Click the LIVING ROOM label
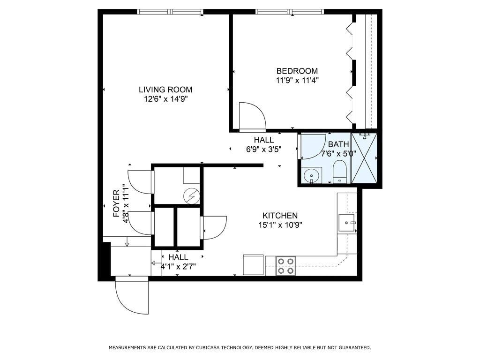pyautogui.click(x=165, y=90)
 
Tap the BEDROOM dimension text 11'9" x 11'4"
pyautogui.click(x=297, y=81)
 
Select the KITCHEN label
pyautogui.click(x=280, y=216)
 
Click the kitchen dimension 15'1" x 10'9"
pyautogui.click(x=280, y=225)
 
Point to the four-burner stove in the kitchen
pyautogui.click(x=285, y=266)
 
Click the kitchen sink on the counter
pyautogui.click(x=347, y=223)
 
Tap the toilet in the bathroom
pyautogui.click(x=339, y=172)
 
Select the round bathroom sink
pyautogui.click(x=312, y=176)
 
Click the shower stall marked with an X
pyautogui.click(x=364, y=158)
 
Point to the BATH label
pyautogui.click(x=338, y=144)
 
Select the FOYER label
pyautogui.click(x=116, y=203)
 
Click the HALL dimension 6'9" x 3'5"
pyautogui.click(x=264, y=150)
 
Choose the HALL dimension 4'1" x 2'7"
pyautogui.click(x=178, y=266)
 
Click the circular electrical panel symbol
pyautogui.click(x=192, y=195)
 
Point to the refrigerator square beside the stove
pyautogui.click(x=254, y=265)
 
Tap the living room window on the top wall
pyautogui.click(x=170, y=12)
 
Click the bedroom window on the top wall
pyautogui.click(x=290, y=12)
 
